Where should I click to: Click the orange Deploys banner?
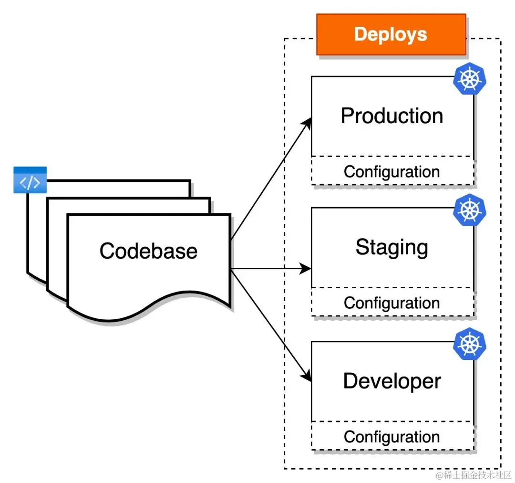(391, 34)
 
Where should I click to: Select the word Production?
(392, 116)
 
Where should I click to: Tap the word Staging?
(392, 247)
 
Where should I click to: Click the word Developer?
(392, 381)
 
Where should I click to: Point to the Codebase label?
(148, 251)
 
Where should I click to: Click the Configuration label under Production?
(392, 172)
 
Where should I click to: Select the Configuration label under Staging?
(392, 303)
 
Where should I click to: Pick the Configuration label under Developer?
(392, 437)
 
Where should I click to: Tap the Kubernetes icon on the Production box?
(469, 79)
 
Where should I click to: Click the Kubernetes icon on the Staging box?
(469, 210)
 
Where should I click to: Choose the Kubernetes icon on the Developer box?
(469, 344)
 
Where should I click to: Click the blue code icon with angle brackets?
(30, 180)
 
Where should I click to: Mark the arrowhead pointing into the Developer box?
(307, 376)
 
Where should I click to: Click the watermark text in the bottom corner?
(474, 475)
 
